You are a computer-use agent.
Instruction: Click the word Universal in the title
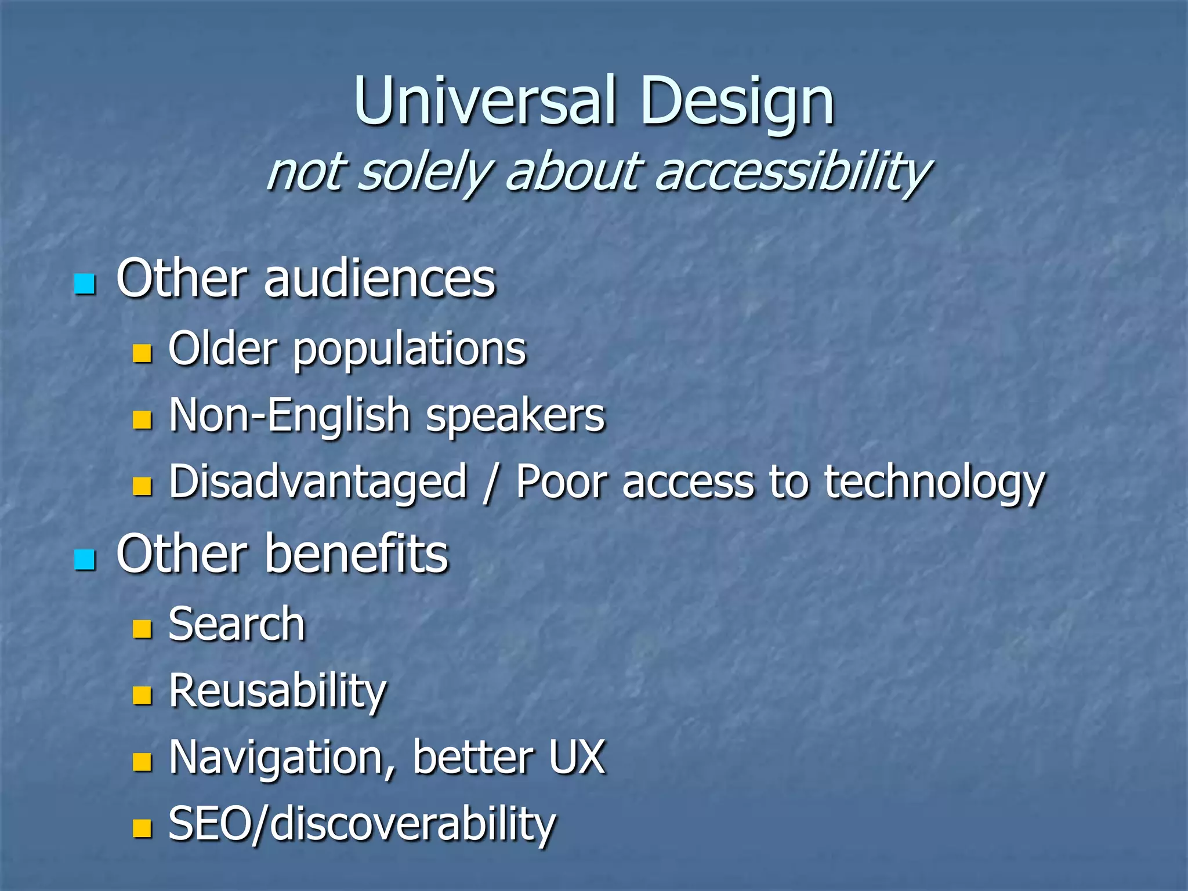[484, 102]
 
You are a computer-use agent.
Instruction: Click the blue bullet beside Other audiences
[85, 284]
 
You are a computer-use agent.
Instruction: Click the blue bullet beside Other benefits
[85, 559]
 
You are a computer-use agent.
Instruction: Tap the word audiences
[380, 280]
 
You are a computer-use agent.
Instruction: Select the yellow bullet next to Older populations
[142, 353]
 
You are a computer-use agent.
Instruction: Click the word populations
[410, 350]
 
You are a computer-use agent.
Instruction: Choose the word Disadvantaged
[318, 483]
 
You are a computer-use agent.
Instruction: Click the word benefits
[357, 555]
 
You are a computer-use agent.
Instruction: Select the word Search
[237, 625]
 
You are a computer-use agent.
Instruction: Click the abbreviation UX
[577, 758]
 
